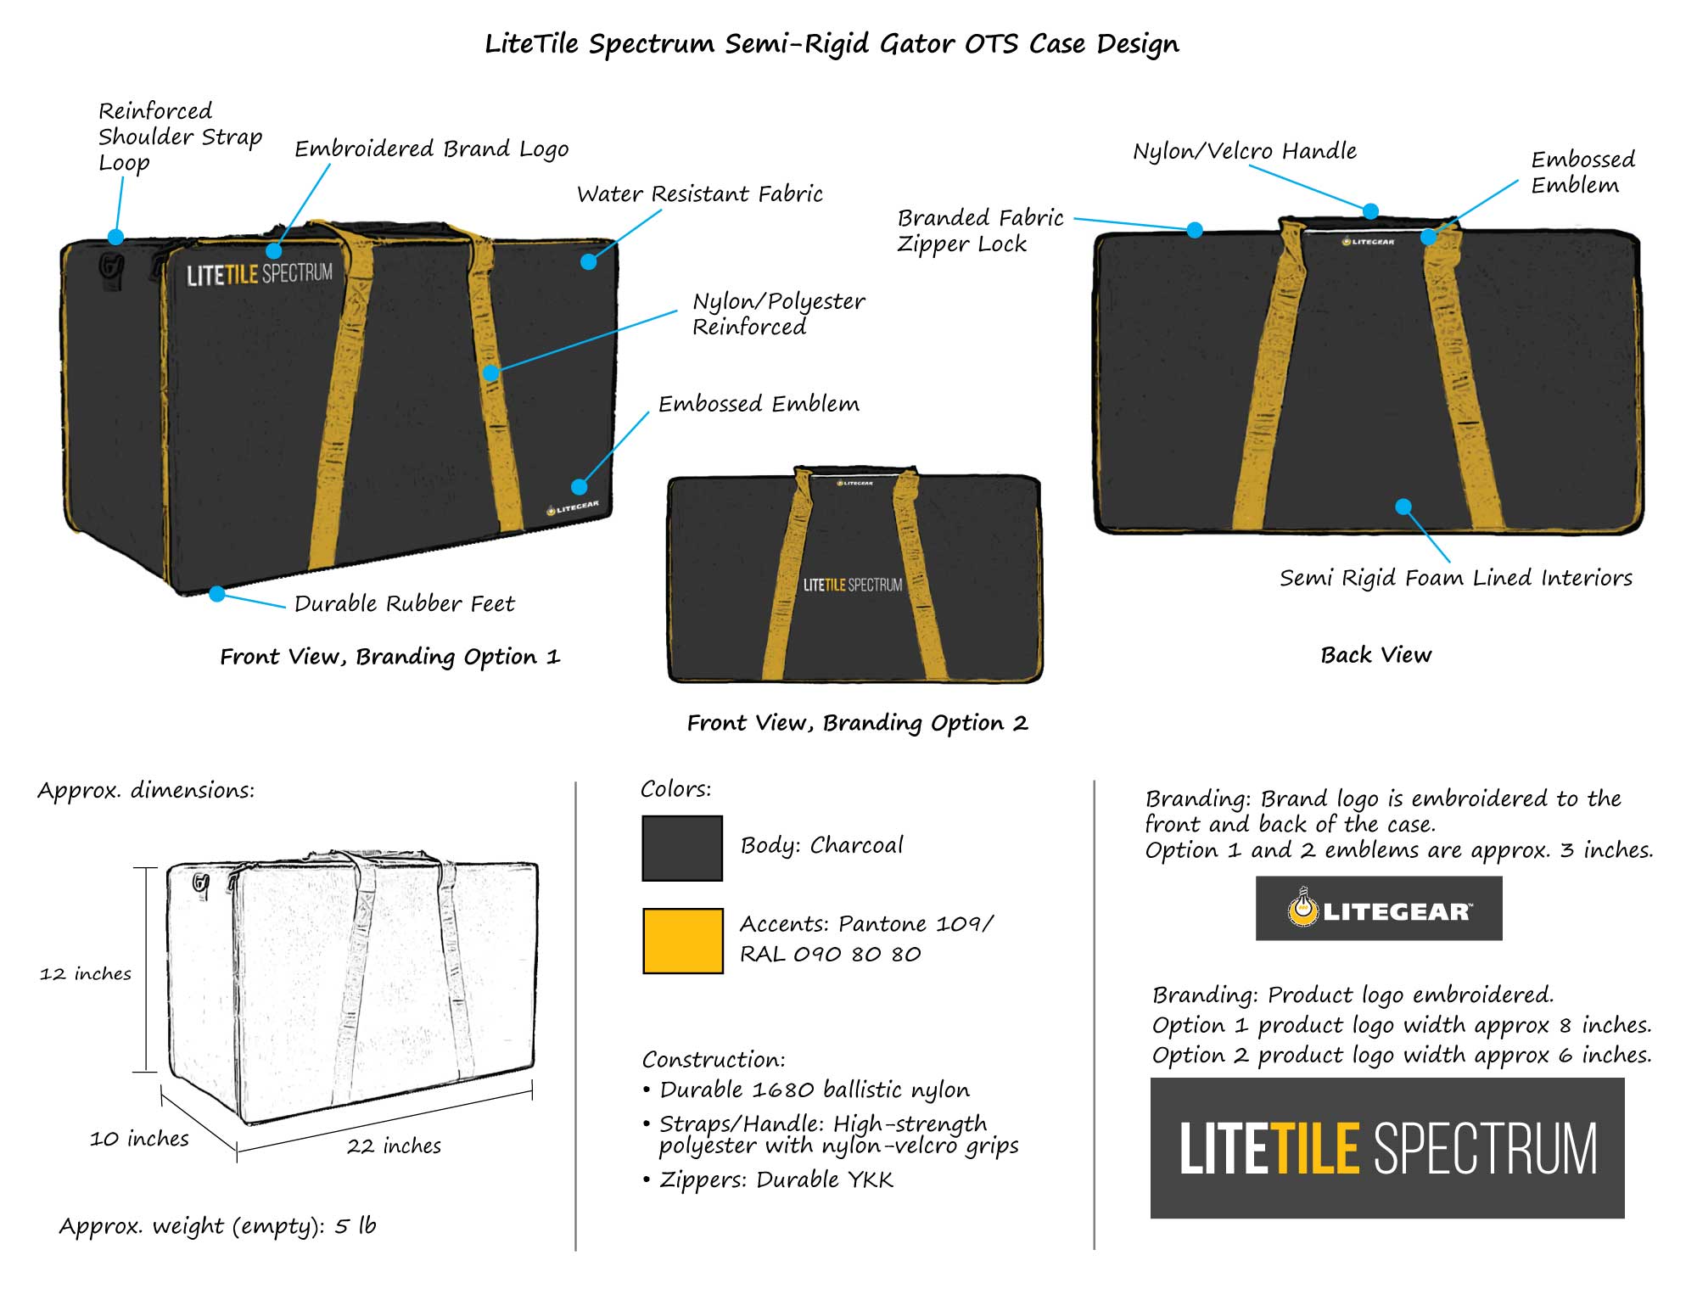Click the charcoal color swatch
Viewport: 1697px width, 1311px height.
(682, 848)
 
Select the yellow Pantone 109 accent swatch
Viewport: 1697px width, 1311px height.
(682, 940)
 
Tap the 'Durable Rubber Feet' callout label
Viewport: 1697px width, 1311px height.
(404, 603)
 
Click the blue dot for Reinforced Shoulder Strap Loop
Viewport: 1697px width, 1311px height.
(115, 237)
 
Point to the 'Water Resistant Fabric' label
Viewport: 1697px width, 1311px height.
(699, 194)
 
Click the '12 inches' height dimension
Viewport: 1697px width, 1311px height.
(86, 973)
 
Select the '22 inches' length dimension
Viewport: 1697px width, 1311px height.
(394, 1146)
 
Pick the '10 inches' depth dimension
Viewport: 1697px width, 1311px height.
(139, 1139)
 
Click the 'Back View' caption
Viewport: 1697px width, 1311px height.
(1375, 655)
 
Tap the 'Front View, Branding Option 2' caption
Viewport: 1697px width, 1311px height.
(857, 723)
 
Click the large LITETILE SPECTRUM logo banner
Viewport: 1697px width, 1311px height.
(1387, 1148)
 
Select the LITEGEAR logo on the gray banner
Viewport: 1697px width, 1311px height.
(1379, 910)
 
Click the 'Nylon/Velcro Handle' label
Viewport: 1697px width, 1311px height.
(1245, 151)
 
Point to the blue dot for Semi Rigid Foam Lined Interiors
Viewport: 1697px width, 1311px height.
(1403, 507)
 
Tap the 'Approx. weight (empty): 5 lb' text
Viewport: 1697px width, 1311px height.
(217, 1226)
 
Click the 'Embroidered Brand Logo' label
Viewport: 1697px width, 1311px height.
(431, 149)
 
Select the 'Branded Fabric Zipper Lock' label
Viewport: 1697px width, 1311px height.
(980, 231)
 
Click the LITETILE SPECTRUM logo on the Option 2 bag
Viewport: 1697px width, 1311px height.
(853, 585)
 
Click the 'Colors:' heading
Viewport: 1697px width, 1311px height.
(675, 789)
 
